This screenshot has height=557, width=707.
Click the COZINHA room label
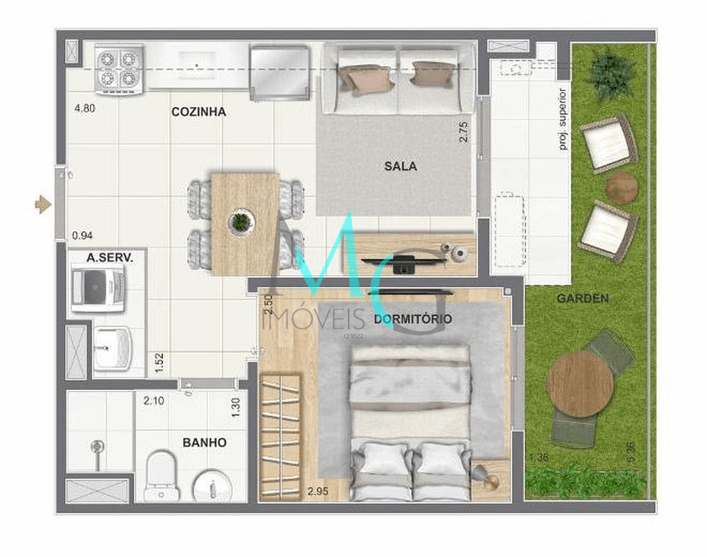coord(198,112)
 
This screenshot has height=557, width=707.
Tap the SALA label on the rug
coord(401,166)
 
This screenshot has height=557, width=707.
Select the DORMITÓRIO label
coord(413,319)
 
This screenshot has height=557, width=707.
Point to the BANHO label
coord(204,442)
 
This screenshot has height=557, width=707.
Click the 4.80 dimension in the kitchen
coord(85,108)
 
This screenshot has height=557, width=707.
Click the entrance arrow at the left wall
coord(43,204)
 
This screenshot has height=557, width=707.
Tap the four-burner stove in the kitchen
coord(119,69)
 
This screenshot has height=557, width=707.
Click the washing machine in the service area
coord(98,289)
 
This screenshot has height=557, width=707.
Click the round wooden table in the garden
coord(580,384)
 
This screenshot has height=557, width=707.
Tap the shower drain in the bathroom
coord(97,447)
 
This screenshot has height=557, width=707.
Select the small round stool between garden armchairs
coord(621,187)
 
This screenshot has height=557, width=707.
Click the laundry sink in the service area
coord(112,349)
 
